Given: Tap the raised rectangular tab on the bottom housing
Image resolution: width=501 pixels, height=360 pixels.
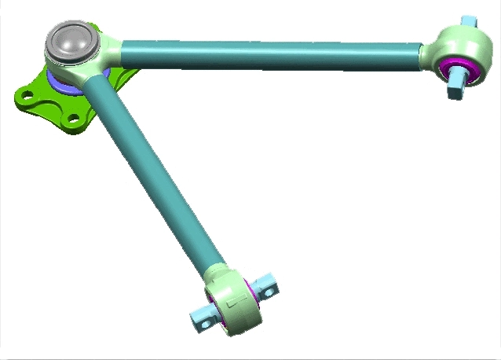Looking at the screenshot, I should [229, 299].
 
